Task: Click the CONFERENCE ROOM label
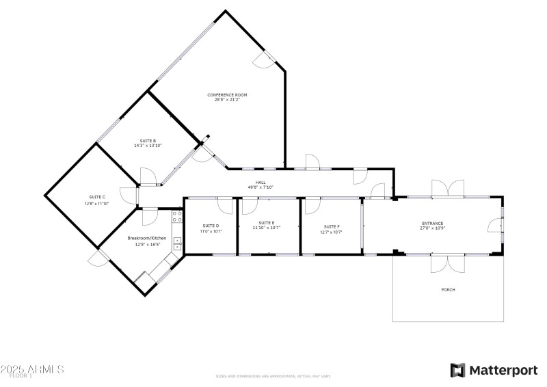[227, 94]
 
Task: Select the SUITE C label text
[96, 198]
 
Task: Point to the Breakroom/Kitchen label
[144, 239]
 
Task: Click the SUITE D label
[211, 226]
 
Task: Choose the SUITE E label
[267, 223]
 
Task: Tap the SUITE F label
[332, 226]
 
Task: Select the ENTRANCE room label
[432, 224]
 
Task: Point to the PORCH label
[448, 290]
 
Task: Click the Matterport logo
[494, 370]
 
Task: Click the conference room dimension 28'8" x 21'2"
[227, 99]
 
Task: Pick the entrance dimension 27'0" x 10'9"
[432, 228]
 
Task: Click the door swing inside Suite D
[225, 205]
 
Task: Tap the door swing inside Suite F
[313, 205]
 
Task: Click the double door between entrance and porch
[448, 263]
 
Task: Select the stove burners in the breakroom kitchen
[177, 217]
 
